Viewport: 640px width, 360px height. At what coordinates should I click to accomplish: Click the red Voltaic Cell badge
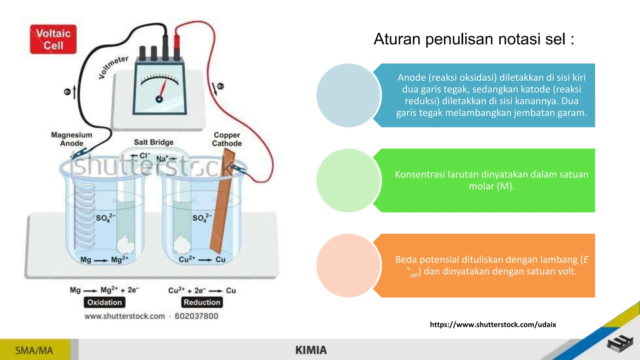click(x=53, y=39)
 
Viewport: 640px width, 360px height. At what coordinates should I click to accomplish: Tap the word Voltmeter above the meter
click(x=113, y=67)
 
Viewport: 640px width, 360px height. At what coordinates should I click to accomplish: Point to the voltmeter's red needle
click(x=163, y=89)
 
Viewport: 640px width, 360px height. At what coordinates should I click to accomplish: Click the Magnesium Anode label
click(x=72, y=139)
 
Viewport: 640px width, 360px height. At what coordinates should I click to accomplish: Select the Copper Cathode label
click(x=227, y=139)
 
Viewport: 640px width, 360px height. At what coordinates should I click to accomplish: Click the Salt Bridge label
click(x=153, y=142)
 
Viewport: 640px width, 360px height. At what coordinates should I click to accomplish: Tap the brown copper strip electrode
click(x=222, y=203)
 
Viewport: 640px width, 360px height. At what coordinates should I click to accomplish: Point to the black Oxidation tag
click(x=104, y=302)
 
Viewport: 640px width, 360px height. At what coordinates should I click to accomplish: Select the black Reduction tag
click(x=202, y=302)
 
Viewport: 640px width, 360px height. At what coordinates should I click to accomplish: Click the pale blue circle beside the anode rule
click(x=348, y=95)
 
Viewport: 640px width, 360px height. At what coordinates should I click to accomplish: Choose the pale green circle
click(x=348, y=181)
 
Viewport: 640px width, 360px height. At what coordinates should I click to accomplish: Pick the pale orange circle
click(x=348, y=266)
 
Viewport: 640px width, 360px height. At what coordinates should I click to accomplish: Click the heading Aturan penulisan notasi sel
click(x=474, y=39)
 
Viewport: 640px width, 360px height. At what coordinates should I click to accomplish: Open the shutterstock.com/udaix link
click(x=493, y=325)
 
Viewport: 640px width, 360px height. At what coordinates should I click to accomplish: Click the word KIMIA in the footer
click(x=311, y=350)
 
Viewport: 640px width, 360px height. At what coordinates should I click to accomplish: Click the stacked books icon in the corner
click(x=620, y=344)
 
